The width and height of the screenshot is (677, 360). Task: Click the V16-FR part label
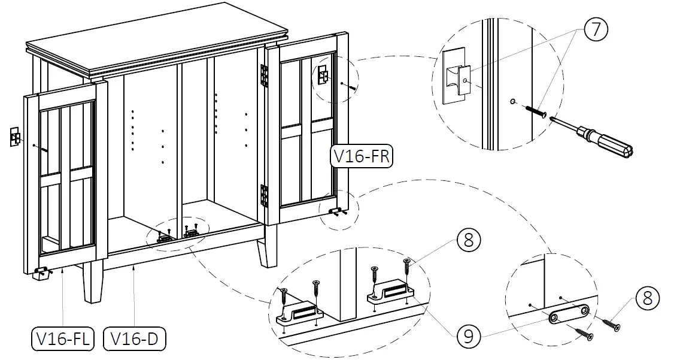[x=362, y=156]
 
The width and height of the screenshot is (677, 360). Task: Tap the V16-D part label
[x=135, y=339]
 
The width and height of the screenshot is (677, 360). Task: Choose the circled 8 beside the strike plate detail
[x=648, y=298]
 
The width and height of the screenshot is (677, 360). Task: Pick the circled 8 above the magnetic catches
[x=469, y=241]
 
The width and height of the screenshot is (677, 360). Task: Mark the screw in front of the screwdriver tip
[x=536, y=111]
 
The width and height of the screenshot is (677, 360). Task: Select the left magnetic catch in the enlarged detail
[x=300, y=311]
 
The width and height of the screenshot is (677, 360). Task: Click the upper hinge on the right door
[x=262, y=75]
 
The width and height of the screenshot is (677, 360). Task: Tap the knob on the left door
[x=14, y=137]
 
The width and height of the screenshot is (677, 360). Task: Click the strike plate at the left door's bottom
[x=41, y=273]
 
